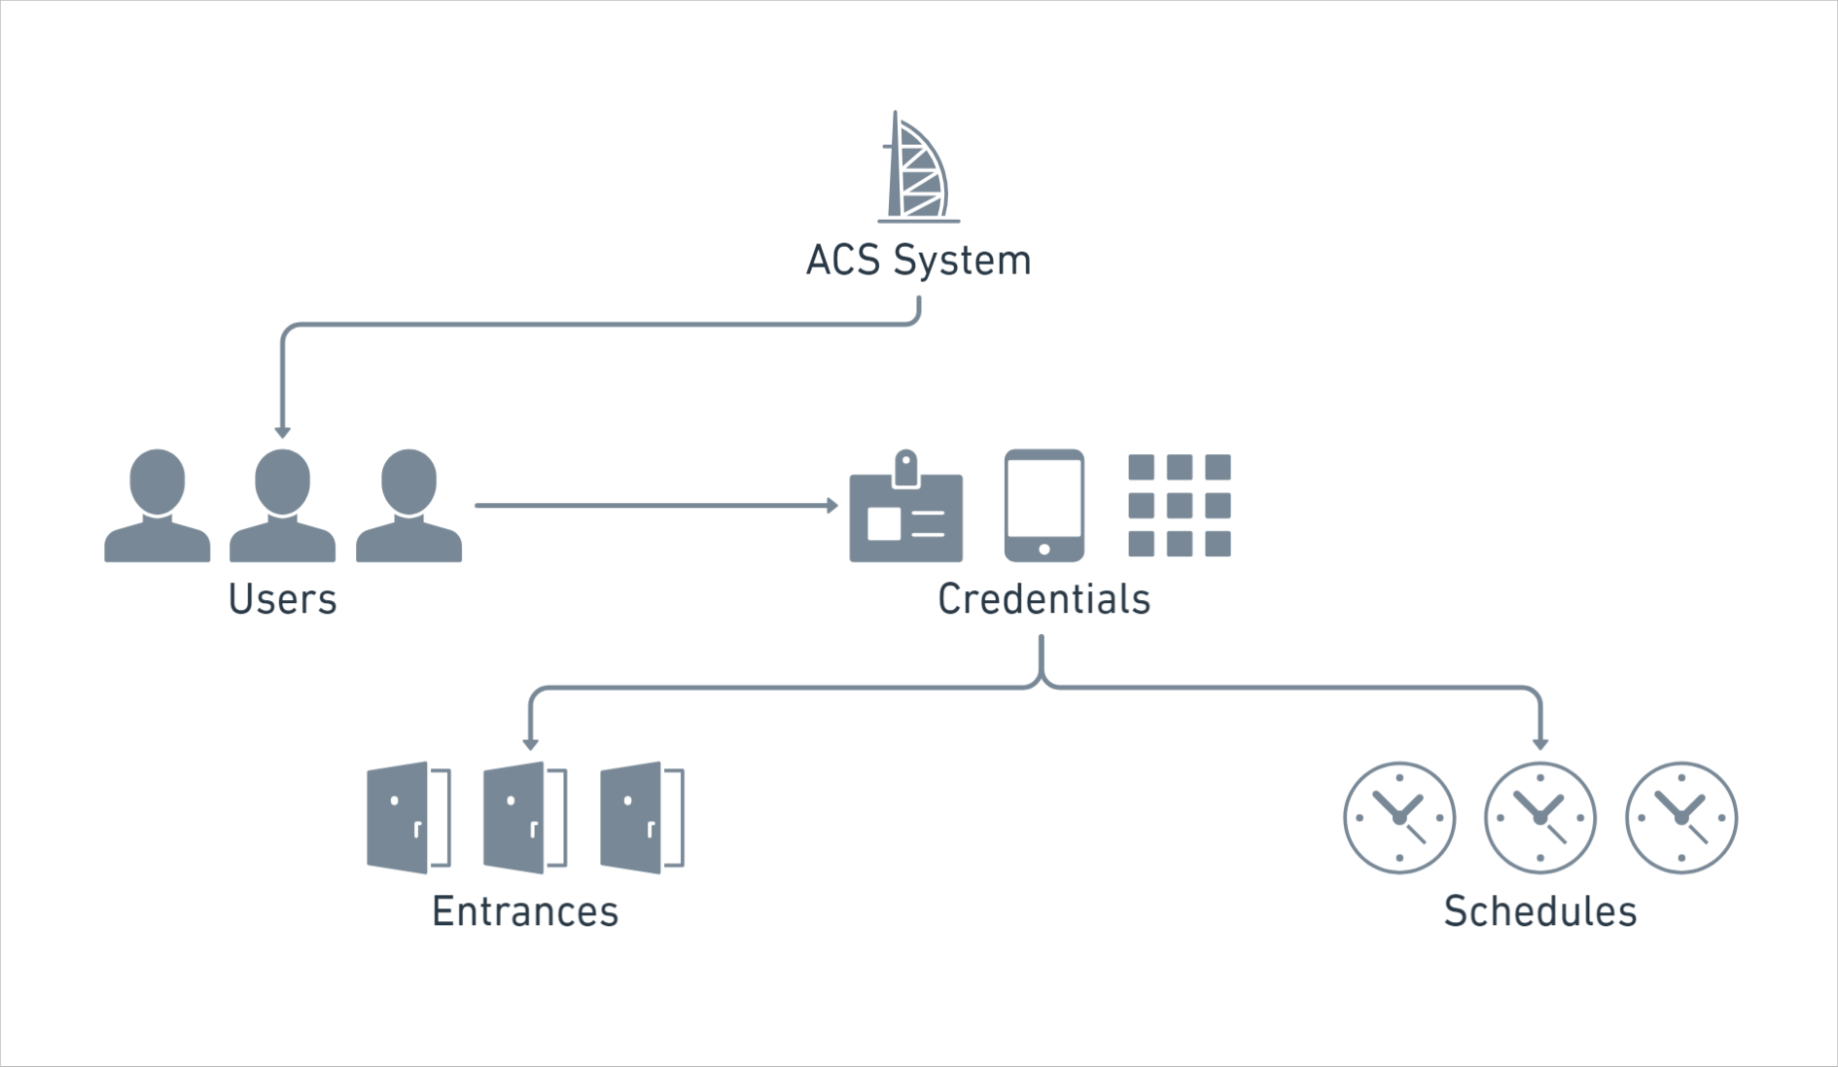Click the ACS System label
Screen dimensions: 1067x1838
918,261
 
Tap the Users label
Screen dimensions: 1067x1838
282,599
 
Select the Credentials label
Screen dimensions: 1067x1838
1043,599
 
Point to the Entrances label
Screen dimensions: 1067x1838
525,911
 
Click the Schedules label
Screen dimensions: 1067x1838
1539,911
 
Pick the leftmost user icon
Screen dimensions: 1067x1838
157,506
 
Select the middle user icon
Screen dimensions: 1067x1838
282,506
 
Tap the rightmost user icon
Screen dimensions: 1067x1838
408,506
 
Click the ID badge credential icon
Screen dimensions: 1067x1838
905,511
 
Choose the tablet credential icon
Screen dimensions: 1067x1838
1043,505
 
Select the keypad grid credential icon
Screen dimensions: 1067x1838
1179,505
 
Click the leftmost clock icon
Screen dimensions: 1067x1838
1399,817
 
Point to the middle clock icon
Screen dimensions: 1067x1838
1539,817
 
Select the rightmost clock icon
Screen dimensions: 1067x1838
1680,817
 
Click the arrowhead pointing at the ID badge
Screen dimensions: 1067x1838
832,506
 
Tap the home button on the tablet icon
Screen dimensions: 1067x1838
1043,550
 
